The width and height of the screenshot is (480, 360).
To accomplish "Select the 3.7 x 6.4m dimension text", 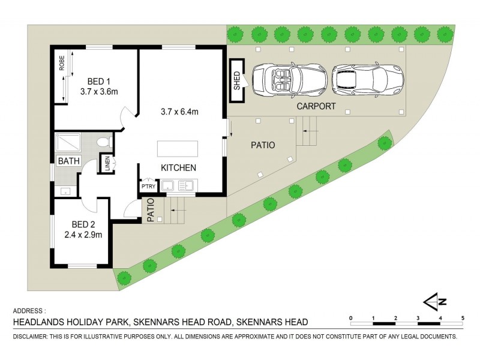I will [x=179, y=111].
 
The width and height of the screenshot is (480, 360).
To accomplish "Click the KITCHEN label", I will [x=178, y=167].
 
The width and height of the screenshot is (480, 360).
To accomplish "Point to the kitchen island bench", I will [x=178, y=148].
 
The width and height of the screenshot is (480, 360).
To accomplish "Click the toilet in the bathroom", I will [x=103, y=142].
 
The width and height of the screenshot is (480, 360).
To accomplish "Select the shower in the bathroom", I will [x=67, y=143].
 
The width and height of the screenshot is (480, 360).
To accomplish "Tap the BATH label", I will [x=69, y=161].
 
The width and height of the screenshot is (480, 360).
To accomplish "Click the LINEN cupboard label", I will [x=108, y=164].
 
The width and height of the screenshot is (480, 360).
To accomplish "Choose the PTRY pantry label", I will [x=148, y=187].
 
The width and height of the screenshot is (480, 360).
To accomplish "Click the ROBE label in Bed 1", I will [x=62, y=64].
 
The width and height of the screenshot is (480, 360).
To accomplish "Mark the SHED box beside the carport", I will [x=237, y=80].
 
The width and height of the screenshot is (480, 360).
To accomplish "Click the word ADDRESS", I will [x=29, y=311].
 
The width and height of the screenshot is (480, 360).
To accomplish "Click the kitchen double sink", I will [x=178, y=185].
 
